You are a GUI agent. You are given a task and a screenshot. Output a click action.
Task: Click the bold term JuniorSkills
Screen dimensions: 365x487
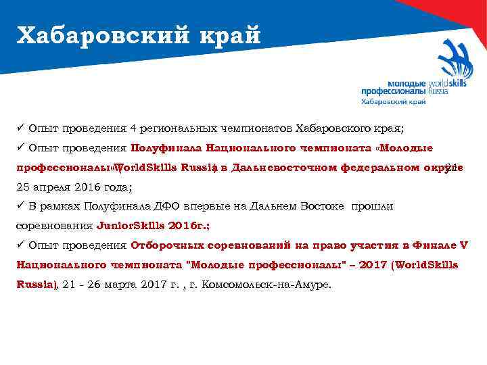point(128,226)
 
